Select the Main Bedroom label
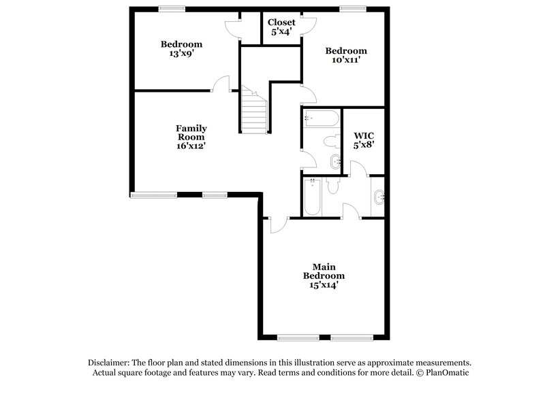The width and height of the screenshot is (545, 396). pos(324,271)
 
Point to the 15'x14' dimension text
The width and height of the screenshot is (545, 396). pos(324,286)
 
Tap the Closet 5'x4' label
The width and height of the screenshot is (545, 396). pos(281,27)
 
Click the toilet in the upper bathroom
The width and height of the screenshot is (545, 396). pos(331,142)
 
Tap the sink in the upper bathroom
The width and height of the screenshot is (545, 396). pos(335,161)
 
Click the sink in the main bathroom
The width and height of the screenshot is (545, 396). pos(379,198)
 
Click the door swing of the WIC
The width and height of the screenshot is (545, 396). pos(357,169)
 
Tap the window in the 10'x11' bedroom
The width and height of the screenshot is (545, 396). pos(352,8)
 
